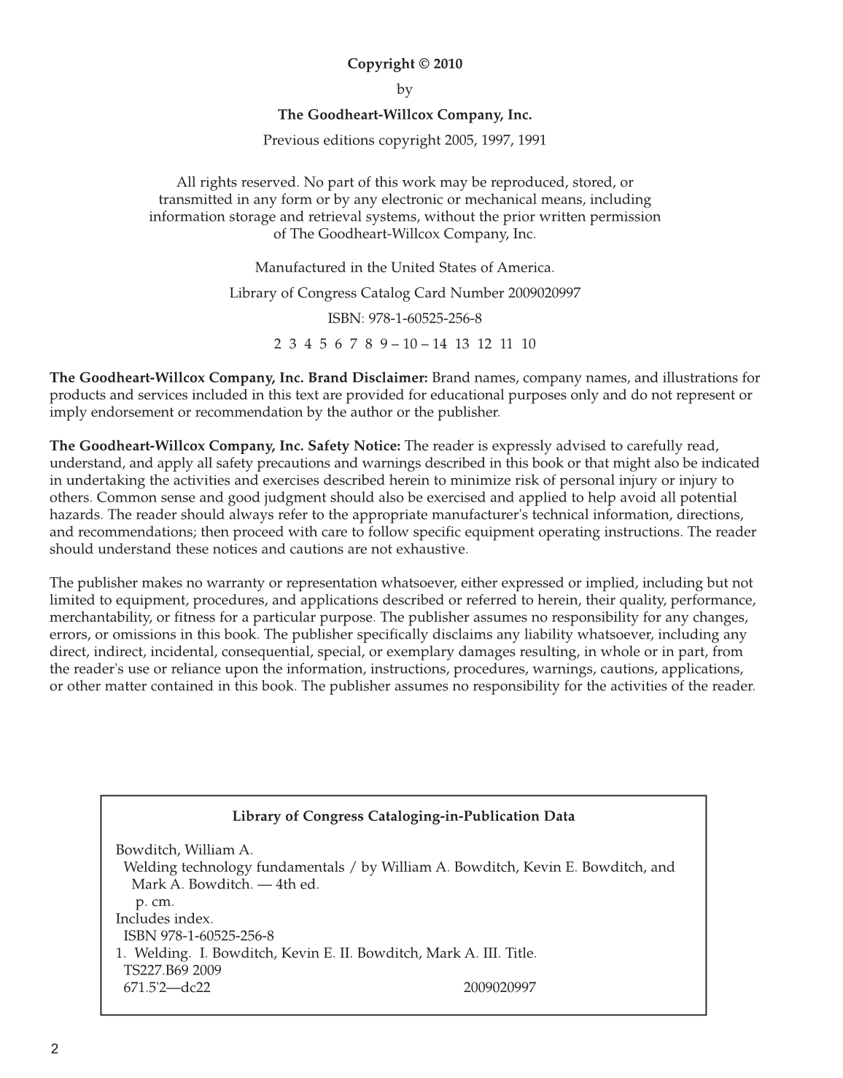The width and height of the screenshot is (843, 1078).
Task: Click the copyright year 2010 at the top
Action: coord(447,63)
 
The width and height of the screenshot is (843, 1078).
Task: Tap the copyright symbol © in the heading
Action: coord(424,63)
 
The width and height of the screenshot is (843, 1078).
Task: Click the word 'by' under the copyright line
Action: coord(405,89)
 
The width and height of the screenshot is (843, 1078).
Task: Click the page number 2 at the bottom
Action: coord(54,1050)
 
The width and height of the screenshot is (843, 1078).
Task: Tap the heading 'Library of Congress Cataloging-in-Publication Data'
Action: coord(403,816)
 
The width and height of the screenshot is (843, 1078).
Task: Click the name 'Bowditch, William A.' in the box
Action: coord(184,850)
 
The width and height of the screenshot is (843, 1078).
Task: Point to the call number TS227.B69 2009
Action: coord(173,970)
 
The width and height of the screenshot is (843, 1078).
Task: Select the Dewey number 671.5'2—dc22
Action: coord(167,988)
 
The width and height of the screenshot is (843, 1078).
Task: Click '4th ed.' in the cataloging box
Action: coord(298,885)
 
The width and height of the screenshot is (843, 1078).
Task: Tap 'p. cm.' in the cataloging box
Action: coord(155,902)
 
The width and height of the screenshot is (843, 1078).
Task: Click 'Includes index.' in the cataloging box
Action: coord(164,918)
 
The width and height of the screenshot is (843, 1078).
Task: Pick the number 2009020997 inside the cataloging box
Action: coord(500,988)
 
